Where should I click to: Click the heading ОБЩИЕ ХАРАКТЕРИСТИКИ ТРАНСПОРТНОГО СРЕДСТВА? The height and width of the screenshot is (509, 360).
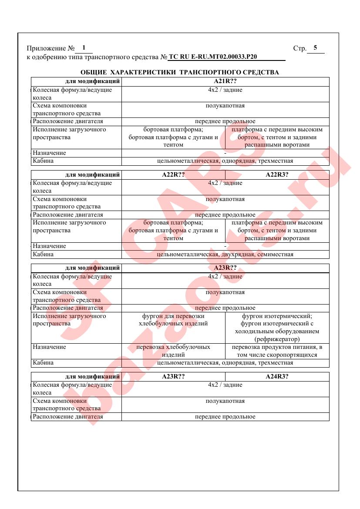[x=180, y=72]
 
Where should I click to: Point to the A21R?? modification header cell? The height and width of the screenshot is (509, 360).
[x=225, y=81]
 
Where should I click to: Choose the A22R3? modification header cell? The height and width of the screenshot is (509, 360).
[x=277, y=175]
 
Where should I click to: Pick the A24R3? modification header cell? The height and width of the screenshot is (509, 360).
[x=277, y=377]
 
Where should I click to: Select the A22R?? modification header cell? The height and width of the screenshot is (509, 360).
[x=173, y=175]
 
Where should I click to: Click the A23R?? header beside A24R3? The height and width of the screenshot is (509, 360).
[x=173, y=377]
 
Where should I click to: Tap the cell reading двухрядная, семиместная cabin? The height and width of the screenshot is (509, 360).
[x=225, y=254]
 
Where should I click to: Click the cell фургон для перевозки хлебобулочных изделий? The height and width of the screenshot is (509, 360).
[x=173, y=320]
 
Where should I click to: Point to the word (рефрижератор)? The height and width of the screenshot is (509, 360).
[x=277, y=339]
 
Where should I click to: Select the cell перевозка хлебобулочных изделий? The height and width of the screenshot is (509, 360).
[x=173, y=351]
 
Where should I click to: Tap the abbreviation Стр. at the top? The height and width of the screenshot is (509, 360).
[x=300, y=48]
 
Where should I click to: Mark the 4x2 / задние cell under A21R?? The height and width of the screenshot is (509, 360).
[x=225, y=90]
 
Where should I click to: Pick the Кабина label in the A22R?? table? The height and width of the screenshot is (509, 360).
[x=43, y=254]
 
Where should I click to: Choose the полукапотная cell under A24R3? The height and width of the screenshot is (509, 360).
[x=225, y=401]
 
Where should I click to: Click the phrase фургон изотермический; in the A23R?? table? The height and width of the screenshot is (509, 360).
[x=277, y=316]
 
